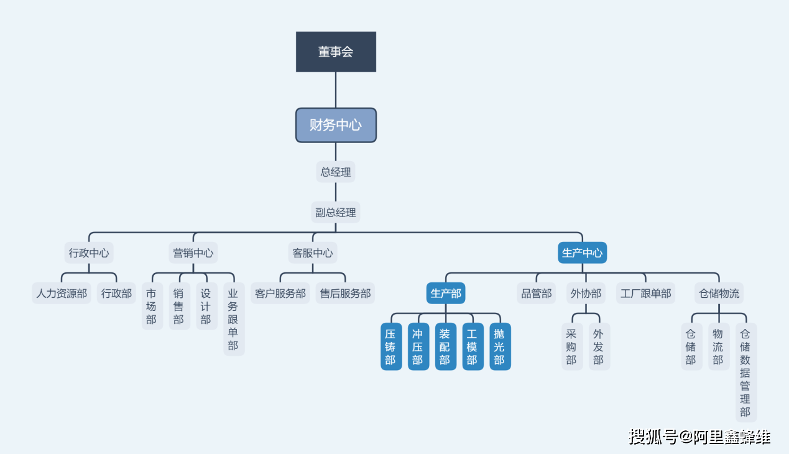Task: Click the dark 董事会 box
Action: (x=336, y=52)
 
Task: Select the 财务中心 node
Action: (x=336, y=125)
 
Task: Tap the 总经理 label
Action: (x=336, y=172)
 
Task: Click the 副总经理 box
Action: (x=336, y=213)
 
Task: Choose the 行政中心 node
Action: (x=89, y=253)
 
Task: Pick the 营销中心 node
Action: (x=193, y=253)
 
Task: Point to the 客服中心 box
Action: (x=313, y=253)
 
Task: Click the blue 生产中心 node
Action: (x=582, y=253)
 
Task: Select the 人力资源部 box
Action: (x=62, y=294)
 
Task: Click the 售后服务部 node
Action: (x=345, y=294)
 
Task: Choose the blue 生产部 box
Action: (x=446, y=294)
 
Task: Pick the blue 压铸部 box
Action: (x=390, y=346)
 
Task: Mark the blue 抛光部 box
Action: (x=500, y=346)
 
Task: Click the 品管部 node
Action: (x=536, y=294)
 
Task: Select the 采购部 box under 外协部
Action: (x=571, y=346)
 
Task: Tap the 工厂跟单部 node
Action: (x=645, y=294)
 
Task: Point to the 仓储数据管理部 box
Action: (x=745, y=373)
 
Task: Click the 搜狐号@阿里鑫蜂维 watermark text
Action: (x=699, y=437)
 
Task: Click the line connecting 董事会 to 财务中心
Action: (x=336, y=90)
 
